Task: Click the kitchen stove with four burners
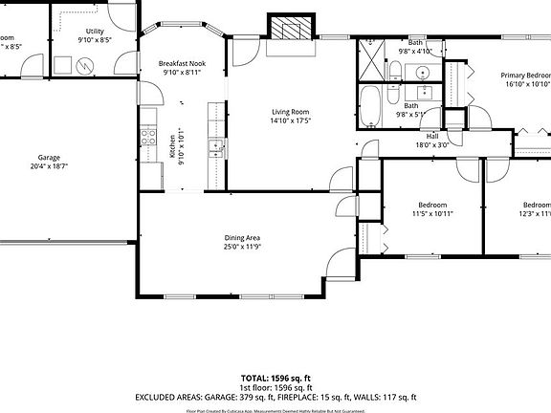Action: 148,136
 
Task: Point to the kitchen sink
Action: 217,148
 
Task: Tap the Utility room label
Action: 95,32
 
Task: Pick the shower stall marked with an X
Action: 370,63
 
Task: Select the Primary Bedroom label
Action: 526,75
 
